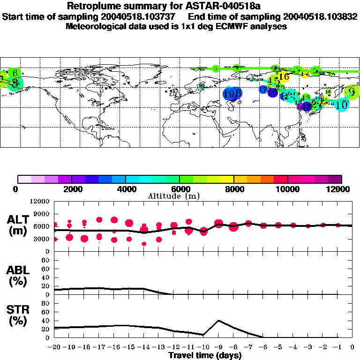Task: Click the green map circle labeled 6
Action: pyautogui.click(x=15, y=73)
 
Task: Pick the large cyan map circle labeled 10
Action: pyautogui.click(x=342, y=105)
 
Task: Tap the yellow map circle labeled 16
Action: pyautogui.click(x=283, y=76)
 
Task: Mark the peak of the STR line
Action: pyautogui.click(x=218, y=321)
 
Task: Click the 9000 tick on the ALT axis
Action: pyautogui.click(x=42, y=213)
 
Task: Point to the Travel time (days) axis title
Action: pyautogui.click(x=205, y=355)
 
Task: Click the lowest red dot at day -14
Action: pyautogui.click(x=144, y=244)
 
